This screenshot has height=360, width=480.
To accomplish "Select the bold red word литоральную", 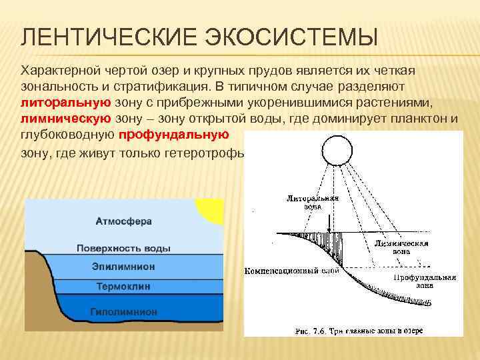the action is tap(65, 103).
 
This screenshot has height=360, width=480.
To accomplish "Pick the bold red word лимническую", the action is tap(65, 119).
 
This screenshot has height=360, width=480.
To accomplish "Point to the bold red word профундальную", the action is tap(174, 135).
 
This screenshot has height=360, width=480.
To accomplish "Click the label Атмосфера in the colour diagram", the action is tap(124, 221).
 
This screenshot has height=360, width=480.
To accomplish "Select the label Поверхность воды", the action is tap(123, 248).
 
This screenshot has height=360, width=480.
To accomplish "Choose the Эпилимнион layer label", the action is tap(123, 267).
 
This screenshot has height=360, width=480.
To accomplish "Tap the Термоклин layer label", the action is tap(123, 286).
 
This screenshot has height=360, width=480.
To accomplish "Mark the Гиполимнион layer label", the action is tap(123, 311).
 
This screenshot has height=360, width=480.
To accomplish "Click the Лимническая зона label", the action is tap(400, 247).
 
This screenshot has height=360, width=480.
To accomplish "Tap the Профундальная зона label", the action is tap(424, 281).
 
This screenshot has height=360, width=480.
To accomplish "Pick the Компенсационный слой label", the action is tap(292, 271).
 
